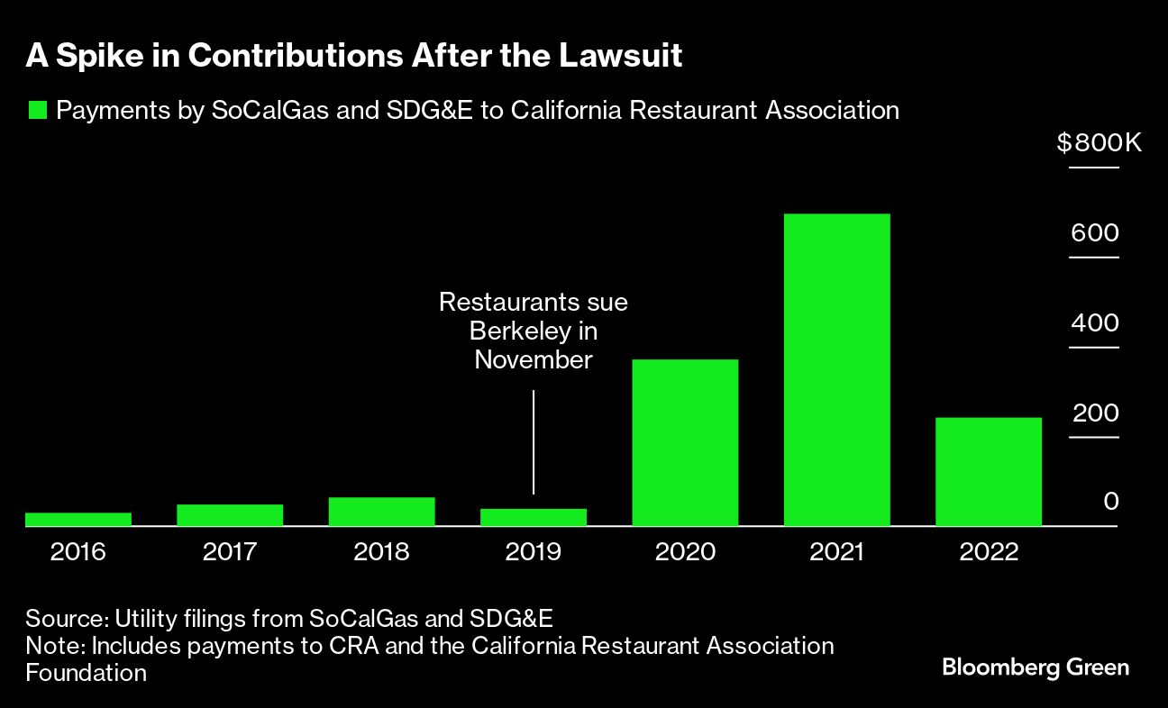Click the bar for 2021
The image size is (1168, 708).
[836, 369]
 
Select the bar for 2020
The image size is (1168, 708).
[685, 442]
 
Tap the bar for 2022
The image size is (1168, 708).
[989, 471]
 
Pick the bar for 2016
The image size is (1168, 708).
[78, 519]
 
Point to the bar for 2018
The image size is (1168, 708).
[381, 511]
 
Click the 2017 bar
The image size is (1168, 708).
[230, 514]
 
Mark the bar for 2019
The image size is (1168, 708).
[534, 517]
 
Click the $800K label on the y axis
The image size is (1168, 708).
[1099, 143]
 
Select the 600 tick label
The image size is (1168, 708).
[1094, 233]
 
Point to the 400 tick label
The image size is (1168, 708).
[1094, 323]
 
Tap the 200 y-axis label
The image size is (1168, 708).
[1094, 413]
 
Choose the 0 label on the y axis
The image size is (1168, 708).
[1111, 501]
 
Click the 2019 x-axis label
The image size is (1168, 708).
[534, 551]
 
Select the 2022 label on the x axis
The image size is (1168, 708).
[989, 551]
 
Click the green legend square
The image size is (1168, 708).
[37, 111]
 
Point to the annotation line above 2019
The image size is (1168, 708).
[534, 441]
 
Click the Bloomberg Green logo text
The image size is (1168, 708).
[1035, 667]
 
